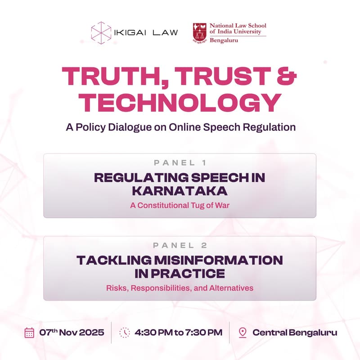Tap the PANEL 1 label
pos(180,162)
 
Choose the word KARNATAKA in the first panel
pos(180,191)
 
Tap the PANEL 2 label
pos(180,245)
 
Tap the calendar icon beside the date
pos(29,333)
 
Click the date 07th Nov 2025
pos(72,333)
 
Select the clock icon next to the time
pos(125,333)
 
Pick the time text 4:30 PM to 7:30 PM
pos(179,333)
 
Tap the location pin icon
pos(243,333)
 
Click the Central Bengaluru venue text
pos(294,333)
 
